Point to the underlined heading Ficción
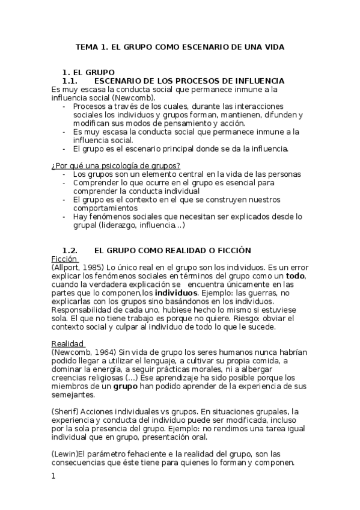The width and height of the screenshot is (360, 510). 64,259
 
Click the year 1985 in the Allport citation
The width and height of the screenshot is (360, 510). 94,267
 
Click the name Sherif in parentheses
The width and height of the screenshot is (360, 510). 67,411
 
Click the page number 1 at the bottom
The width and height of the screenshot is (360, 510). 53,476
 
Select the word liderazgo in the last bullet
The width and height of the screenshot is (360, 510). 121,226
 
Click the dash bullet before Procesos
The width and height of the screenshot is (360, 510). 64,106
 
